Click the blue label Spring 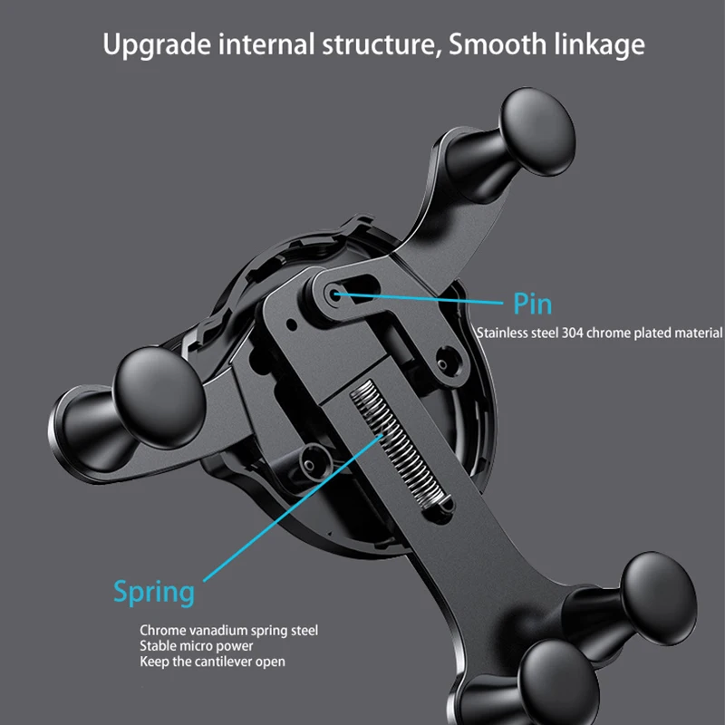click(x=153, y=592)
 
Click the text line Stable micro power click(x=196, y=646)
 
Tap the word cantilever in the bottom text click(x=230, y=662)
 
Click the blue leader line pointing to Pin click(x=426, y=296)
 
